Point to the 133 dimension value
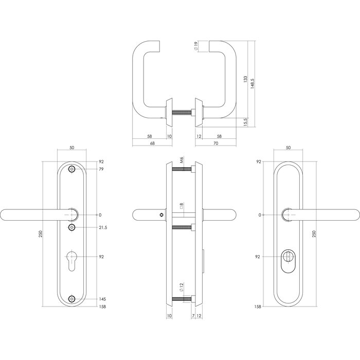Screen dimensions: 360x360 [245, 81]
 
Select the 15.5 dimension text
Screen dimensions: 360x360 [245, 122]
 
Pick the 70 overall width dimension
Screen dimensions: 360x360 [215, 143]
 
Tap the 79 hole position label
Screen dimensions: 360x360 [101, 169]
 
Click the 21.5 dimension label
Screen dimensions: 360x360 [102, 227]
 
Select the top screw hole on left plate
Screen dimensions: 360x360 [71, 169]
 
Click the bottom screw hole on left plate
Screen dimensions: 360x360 [71, 299]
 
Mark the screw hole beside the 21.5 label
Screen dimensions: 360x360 [71, 227]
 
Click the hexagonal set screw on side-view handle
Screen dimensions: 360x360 [162, 214]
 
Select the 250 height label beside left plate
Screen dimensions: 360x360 [41, 234]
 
